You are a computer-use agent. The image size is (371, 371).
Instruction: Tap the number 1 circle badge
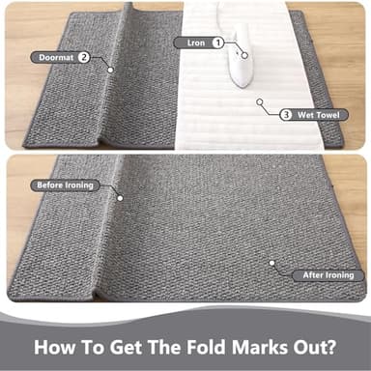click(x=218, y=43)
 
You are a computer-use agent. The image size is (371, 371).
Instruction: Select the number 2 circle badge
click(x=84, y=57)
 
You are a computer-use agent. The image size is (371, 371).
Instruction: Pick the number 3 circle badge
click(x=286, y=114)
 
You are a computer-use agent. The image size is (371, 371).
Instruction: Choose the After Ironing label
click(x=327, y=274)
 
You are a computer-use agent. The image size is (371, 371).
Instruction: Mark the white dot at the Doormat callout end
click(x=111, y=69)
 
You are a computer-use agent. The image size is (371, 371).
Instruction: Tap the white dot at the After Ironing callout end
click(x=271, y=261)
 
